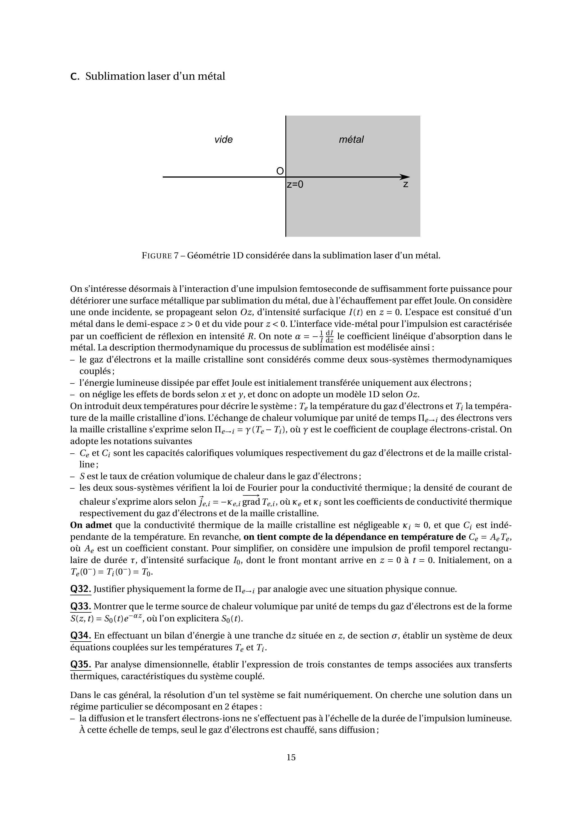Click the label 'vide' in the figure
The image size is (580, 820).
pyautogui.click(x=224, y=139)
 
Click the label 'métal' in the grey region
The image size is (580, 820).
pyautogui.click(x=351, y=139)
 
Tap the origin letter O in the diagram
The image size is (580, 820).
pyautogui.click(x=280, y=171)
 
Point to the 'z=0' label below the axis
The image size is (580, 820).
pyautogui.click(x=295, y=185)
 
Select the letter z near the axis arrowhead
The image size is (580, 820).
pyautogui.click(x=406, y=185)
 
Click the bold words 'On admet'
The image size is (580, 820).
pyautogui.click(x=91, y=525)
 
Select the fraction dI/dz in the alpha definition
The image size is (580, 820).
pyautogui.click(x=329, y=336)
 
